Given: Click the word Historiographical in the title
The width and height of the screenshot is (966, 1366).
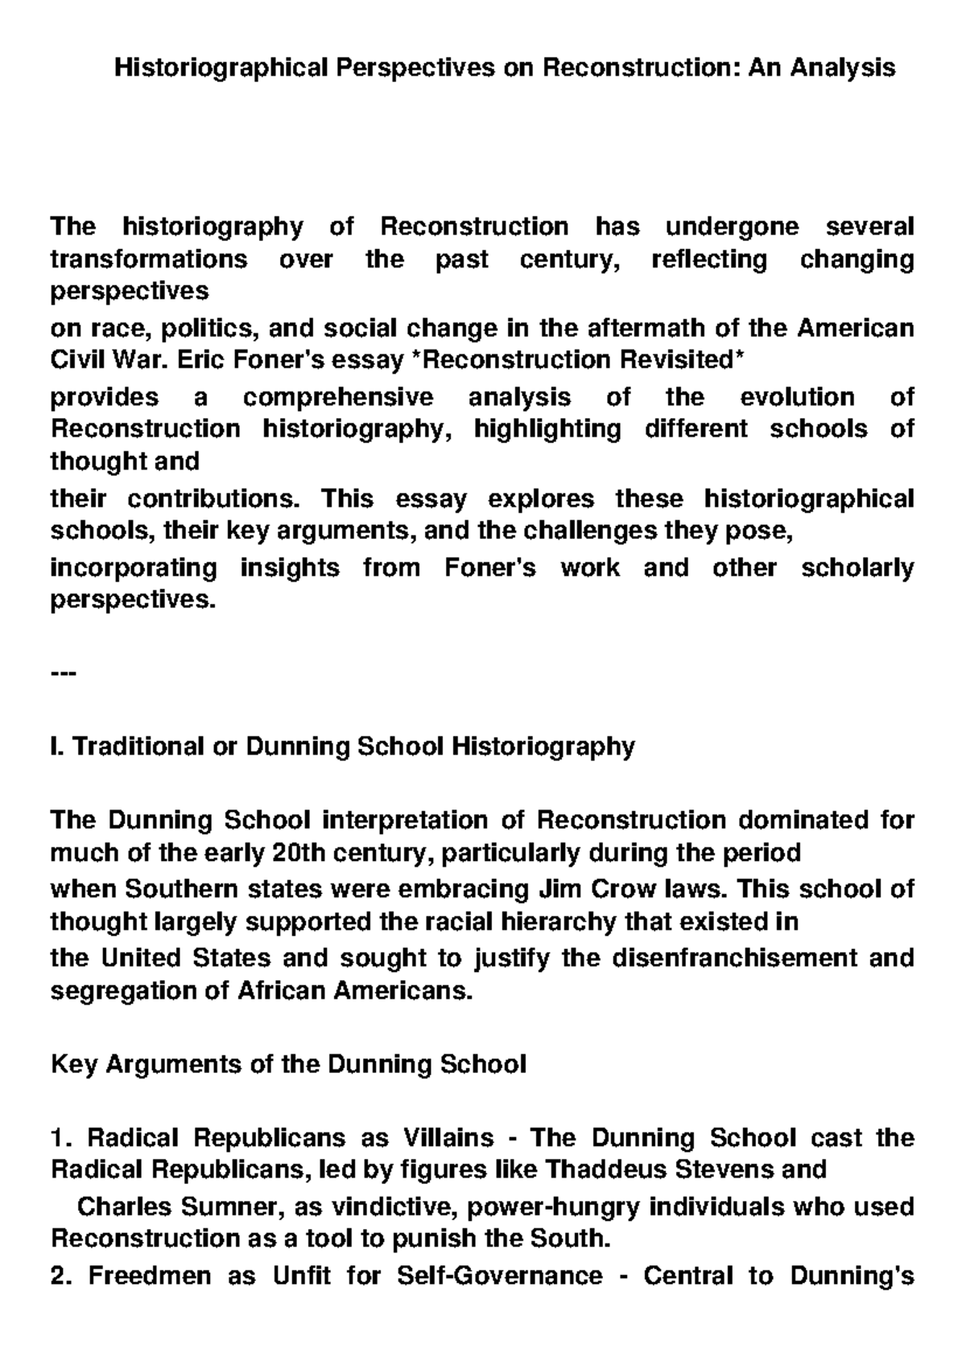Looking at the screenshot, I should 222,67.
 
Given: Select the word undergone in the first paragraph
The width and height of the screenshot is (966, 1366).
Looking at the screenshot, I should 732,227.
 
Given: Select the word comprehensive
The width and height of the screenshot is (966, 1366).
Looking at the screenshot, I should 338,397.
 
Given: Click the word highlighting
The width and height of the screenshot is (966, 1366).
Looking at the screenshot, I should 547,428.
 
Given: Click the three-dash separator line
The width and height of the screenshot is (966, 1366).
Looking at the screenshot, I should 63,673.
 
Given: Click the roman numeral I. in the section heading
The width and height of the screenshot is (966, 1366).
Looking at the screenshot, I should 57,747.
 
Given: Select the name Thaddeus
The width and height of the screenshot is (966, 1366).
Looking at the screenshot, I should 600,1169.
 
